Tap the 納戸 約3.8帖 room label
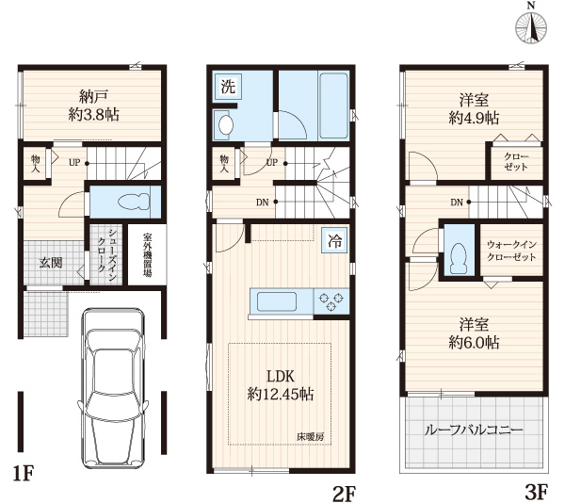click(x=93, y=105)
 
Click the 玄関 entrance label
click(x=51, y=263)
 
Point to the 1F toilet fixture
click(x=134, y=202)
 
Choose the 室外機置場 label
click(x=147, y=254)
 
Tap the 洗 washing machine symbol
click(x=228, y=87)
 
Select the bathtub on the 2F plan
click(x=333, y=106)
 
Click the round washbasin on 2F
click(x=226, y=124)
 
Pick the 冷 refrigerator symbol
click(x=334, y=241)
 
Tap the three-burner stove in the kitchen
click(x=331, y=301)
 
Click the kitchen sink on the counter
click(x=277, y=301)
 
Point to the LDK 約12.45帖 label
click(x=281, y=385)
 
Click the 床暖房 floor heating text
click(x=310, y=437)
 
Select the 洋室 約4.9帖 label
click(x=474, y=108)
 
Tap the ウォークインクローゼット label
click(x=511, y=251)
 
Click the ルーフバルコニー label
click(x=474, y=430)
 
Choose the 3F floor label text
click(x=537, y=492)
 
